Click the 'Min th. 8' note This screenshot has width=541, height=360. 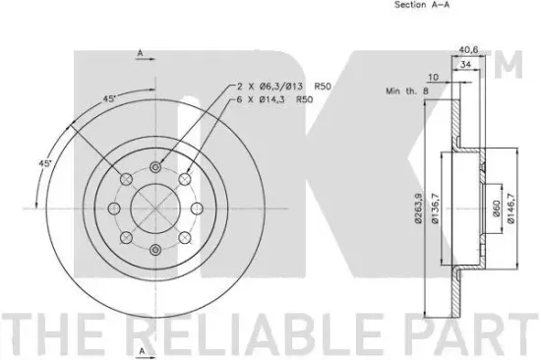point(406,91)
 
